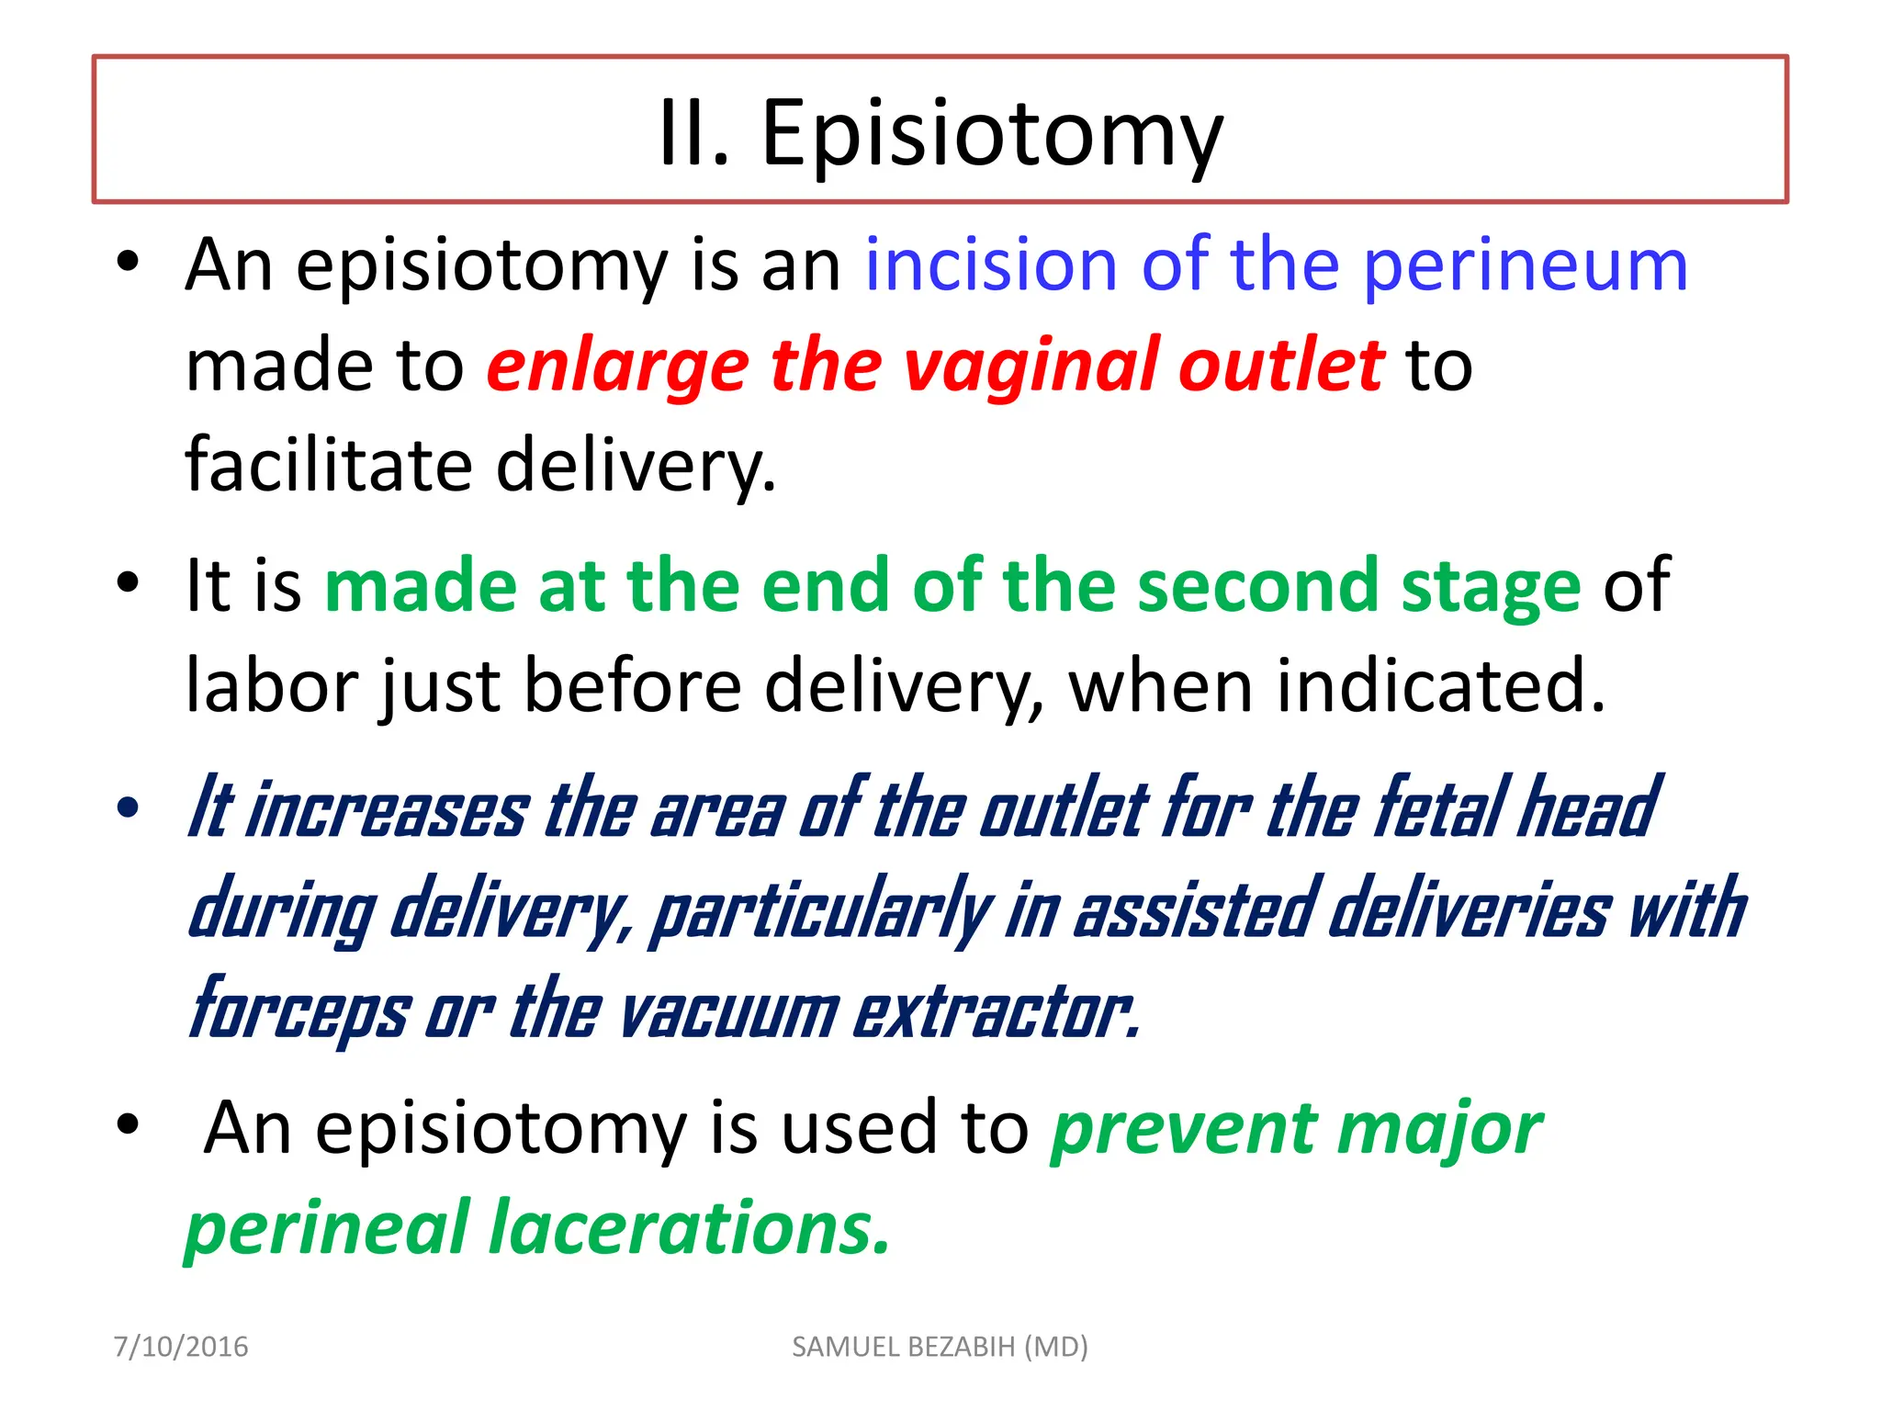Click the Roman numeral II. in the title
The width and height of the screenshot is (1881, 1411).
[x=694, y=134]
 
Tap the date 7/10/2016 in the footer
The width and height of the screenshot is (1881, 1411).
[x=180, y=1347]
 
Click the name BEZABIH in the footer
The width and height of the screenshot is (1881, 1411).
[x=962, y=1347]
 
